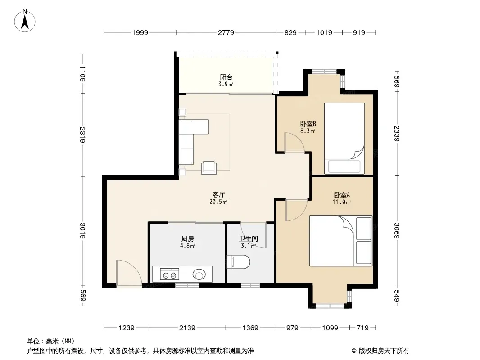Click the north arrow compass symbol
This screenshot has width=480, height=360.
tap(25, 21)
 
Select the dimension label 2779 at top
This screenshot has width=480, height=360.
tap(226, 32)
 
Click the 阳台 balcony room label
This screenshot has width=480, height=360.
tap(226, 77)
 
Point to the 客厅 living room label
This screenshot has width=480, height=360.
tap(218, 194)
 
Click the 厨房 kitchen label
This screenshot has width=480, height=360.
tap(187, 239)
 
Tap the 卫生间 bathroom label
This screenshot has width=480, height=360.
tap(248, 239)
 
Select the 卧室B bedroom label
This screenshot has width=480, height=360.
tap(308, 124)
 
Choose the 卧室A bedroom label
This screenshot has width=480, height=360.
tap(342, 195)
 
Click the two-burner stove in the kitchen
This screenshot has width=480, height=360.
tap(170, 274)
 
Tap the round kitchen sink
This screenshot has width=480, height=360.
tap(199, 274)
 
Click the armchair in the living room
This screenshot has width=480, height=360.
tap(209, 167)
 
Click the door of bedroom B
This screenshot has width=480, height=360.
tap(294, 142)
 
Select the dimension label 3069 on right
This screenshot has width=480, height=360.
tap(397, 230)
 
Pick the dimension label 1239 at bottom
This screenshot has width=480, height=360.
tap(127, 328)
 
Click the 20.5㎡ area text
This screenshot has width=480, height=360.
tap(218, 202)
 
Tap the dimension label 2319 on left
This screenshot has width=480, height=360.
tap(82, 135)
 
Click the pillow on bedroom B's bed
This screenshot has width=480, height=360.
tap(344, 166)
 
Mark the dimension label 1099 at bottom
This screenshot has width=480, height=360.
tap(330, 328)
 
